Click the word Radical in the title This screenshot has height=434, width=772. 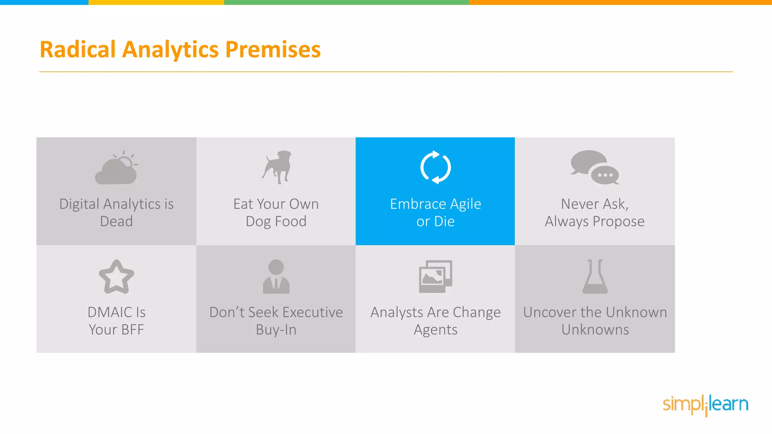pos(77,50)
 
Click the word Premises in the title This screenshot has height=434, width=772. pos(273,50)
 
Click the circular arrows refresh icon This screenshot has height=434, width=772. pos(435,167)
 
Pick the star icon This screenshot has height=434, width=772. pos(116,277)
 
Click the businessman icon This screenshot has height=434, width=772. pos(276,277)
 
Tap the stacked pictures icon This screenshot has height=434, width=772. pos(435,277)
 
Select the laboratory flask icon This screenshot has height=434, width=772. pos(595,277)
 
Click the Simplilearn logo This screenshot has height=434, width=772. pos(705,405)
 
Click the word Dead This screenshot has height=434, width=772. pos(116,222)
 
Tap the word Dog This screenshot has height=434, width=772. pos(259,222)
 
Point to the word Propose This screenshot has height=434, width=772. pos(618,222)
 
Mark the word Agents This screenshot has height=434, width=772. pos(435,330)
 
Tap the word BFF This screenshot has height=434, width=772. pos(132,330)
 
